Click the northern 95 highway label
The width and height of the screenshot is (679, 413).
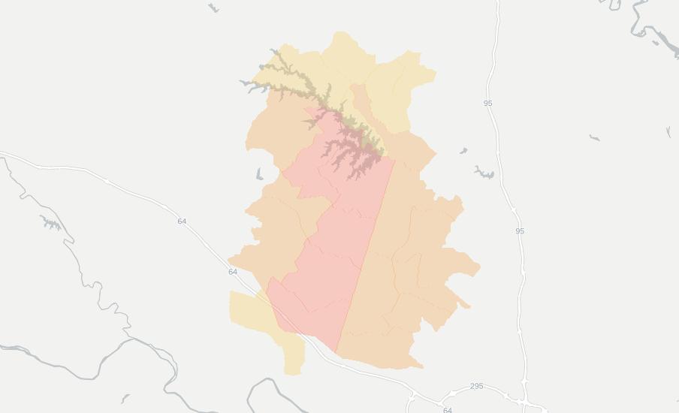488,103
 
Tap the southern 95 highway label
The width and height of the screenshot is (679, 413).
520,231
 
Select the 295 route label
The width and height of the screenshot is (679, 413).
476,387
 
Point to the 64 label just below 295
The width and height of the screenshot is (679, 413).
448,410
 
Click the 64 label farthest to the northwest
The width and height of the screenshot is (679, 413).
182,222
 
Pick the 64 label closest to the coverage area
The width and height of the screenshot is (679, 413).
233,272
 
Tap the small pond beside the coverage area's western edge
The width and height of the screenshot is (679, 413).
259,174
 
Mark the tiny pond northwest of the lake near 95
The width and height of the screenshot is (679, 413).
463,151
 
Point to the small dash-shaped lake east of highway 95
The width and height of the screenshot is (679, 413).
594,137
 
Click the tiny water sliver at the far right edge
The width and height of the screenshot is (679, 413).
668,132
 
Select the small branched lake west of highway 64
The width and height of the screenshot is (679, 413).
50,222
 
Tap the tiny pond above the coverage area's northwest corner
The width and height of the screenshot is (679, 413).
214,8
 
